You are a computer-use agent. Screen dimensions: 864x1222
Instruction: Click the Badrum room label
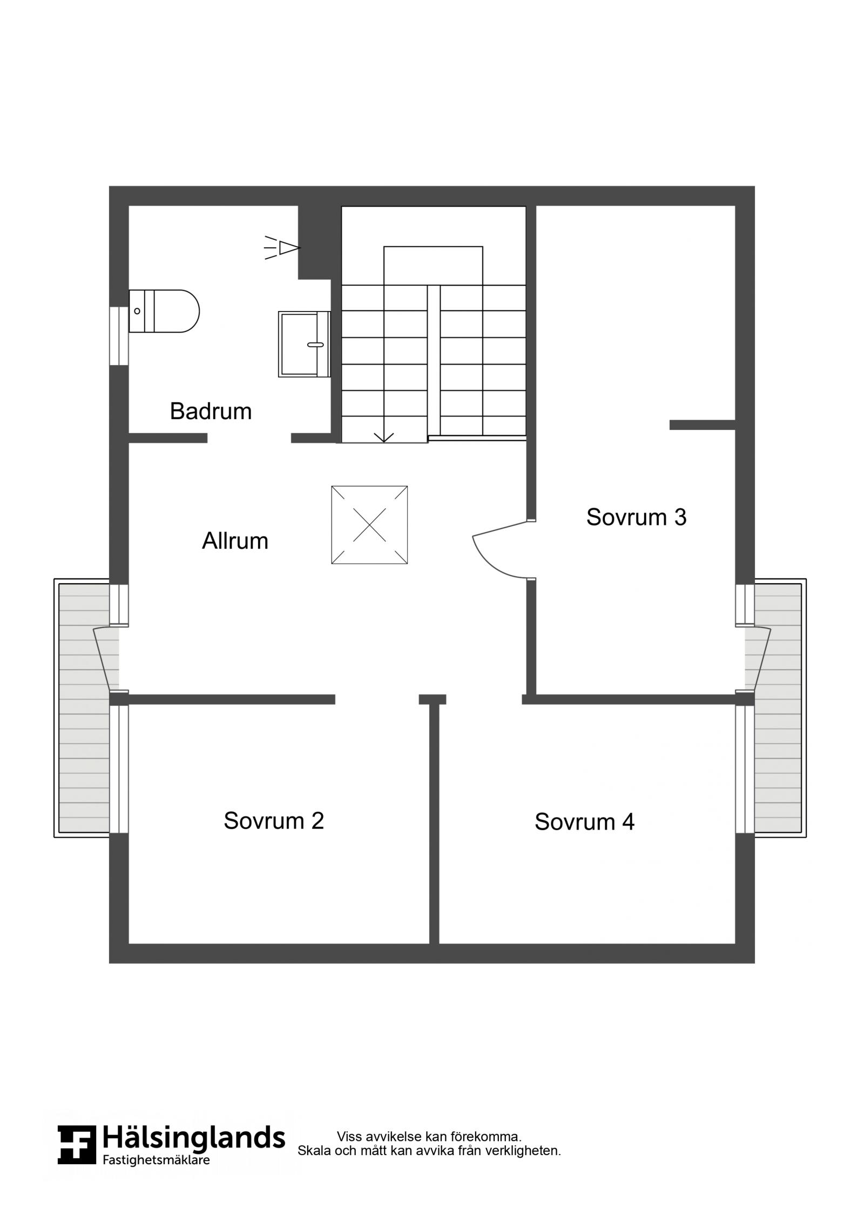[x=211, y=411]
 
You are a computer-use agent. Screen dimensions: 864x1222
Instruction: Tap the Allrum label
[x=235, y=541]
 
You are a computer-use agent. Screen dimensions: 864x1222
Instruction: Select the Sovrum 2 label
[x=274, y=821]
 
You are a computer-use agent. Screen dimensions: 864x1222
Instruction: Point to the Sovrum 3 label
[x=636, y=517]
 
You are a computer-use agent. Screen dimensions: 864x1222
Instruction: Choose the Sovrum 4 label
[x=584, y=822]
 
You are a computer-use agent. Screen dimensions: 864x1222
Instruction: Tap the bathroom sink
[x=304, y=344]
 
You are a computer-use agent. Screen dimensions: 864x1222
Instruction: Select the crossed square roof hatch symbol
[x=369, y=525]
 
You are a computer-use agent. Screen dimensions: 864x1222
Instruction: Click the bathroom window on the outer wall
[x=119, y=336]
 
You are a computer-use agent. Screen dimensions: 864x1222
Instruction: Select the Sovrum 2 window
[x=119, y=769]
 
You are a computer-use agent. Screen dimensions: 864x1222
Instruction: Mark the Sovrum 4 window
[x=745, y=769]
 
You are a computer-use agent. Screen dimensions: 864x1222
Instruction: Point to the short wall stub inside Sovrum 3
[x=703, y=425]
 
